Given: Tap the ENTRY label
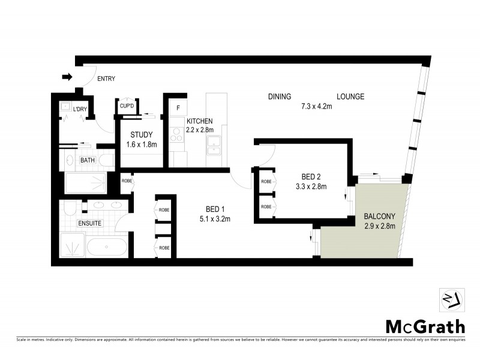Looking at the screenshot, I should pos(106,79).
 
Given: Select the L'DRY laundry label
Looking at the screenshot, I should pos(79,109).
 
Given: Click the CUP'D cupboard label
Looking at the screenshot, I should pos(127,106).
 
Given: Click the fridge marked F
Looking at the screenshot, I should pos(178,109).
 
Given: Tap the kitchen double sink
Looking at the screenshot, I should pos(214,142).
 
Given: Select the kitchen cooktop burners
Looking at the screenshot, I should pos(177,137).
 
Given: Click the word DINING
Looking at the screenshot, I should pos(280,97).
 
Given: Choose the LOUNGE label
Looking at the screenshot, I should pos(350,97).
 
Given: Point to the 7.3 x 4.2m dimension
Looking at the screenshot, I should pos(316,107).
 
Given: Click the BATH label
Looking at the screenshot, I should pos(88,160).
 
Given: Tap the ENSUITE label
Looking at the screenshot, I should pos(89,223).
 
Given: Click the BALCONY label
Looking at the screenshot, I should pos(379,217).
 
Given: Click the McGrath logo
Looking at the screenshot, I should pos(425,326).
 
